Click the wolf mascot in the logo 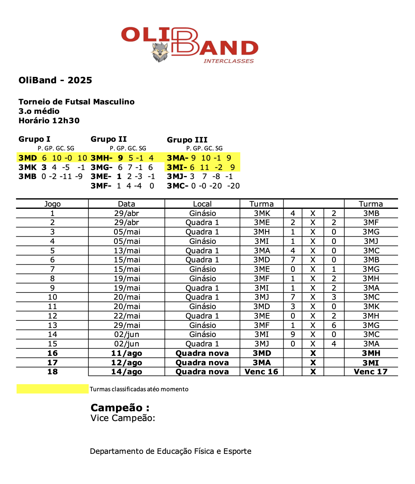[x=160, y=52]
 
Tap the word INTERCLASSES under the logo [x=229, y=61]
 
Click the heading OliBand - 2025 [x=55, y=80]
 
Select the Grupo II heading [x=108, y=139]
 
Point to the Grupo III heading [x=187, y=140]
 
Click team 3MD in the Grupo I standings [x=28, y=158]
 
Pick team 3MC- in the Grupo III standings [x=177, y=186]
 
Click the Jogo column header [x=52, y=204]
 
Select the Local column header [x=202, y=204]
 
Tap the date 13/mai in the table [x=127, y=251]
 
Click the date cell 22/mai [x=127, y=316]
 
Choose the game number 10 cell [x=52, y=297]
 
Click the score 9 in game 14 [x=293, y=334]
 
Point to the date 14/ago [x=127, y=372]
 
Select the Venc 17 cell [x=371, y=372]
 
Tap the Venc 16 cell [x=261, y=372]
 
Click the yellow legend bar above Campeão [x=52, y=389]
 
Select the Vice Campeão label [x=123, y=418]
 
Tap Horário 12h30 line [x=49, y=121]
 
